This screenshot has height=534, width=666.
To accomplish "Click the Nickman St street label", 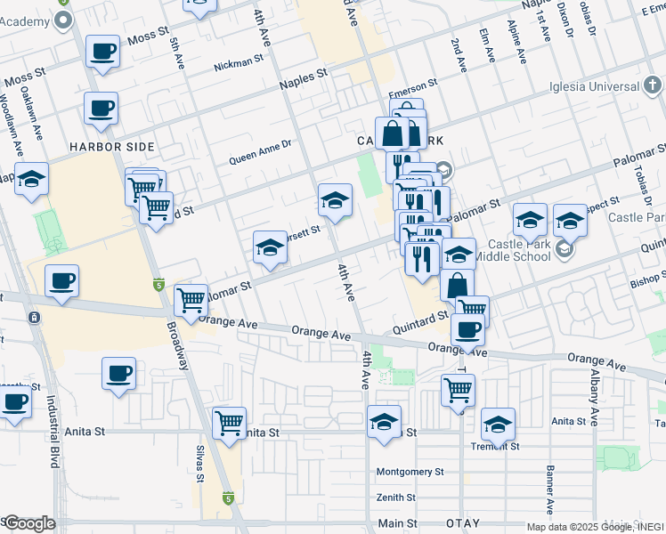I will click(x=240, y=65).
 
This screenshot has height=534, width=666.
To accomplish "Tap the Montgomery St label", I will click(x=409, y=472).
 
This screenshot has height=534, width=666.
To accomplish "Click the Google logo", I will click(x=28, y=523).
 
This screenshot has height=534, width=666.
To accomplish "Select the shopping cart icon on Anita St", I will click(x=230, y=421).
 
